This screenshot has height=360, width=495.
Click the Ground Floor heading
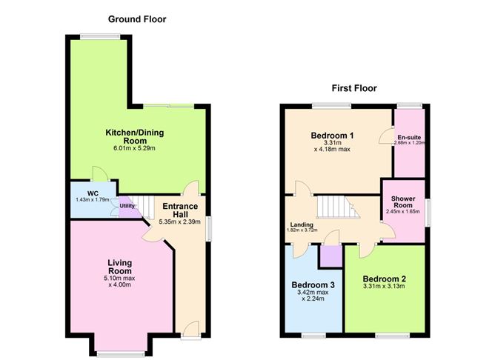137,19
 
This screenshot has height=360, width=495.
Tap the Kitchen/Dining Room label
134,138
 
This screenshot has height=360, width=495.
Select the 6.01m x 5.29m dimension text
134,148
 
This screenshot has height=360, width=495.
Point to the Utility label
127,206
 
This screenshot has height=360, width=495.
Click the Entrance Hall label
178,209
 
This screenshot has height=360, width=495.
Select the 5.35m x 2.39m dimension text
178,221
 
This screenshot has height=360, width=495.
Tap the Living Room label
119,267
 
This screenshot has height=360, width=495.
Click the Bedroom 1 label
331,135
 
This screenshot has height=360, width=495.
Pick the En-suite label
409,138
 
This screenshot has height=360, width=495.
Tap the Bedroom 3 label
311,284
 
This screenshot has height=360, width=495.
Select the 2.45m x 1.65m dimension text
402,212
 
